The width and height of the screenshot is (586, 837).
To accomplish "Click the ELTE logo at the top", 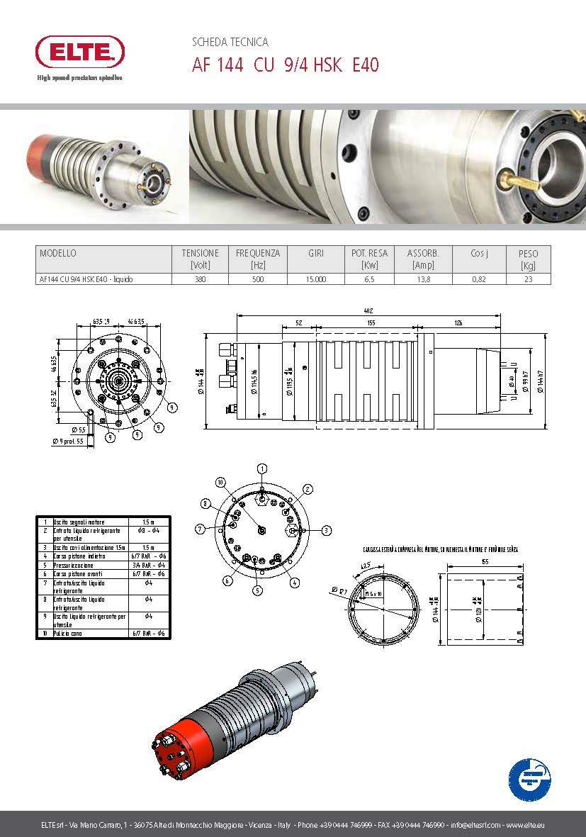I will pos(80,52).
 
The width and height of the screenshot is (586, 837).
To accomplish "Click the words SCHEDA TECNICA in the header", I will pos(230,43).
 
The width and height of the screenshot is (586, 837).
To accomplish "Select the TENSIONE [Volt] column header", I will pos(201,259).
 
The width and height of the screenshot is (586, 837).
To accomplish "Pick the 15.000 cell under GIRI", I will pos(315,279).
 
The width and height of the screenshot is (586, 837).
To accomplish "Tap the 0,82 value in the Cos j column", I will pos(480,279).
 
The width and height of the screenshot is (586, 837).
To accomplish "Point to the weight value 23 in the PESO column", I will pos(528,279).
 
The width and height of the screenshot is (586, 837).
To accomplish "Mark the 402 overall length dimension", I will pos(367,311).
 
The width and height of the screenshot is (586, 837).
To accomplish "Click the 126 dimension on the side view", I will pos(458,323).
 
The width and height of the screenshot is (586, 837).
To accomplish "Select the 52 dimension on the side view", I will pos(298,323).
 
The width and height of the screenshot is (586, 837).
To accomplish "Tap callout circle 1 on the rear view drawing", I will pos(262,468).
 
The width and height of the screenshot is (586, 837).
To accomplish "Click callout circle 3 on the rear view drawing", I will pos(326,530).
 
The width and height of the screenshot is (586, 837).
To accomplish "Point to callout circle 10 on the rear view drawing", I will pos(220,482).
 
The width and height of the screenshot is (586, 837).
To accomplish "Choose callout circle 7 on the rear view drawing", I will pos(201,529).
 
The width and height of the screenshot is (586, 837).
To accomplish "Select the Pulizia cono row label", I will pos(67,634).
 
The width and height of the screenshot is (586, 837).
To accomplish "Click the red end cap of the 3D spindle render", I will pos(177,744).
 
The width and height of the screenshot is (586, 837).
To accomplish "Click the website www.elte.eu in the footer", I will pos(526,826).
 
